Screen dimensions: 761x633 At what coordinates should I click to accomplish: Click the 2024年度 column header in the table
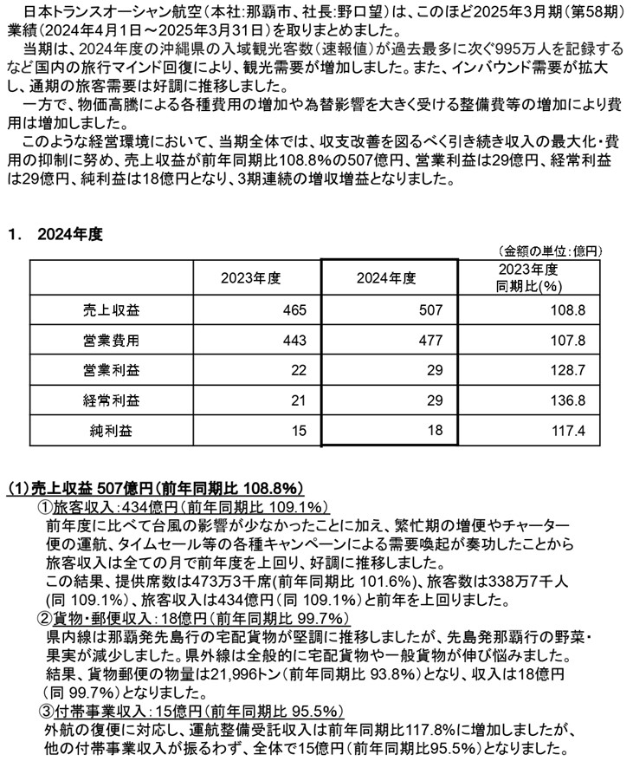[386, 277]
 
